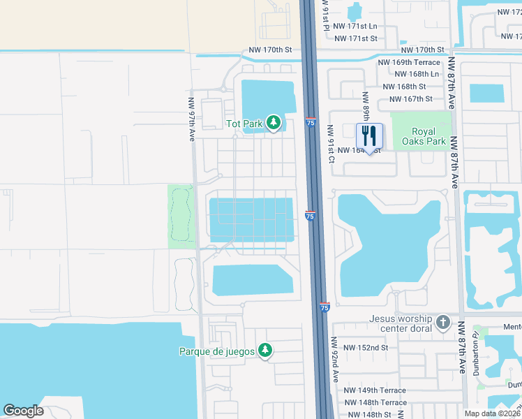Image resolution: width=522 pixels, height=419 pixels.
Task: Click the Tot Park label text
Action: (244, 124)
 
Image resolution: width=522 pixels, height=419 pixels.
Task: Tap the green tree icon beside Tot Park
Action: (274, 124)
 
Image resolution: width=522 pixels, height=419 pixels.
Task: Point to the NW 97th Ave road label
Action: (190, 119)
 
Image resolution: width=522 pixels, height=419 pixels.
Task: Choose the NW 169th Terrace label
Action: (408, 62)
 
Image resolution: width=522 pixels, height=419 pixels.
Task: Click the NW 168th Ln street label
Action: (417, 74)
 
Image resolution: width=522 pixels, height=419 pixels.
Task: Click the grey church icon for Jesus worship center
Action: (442, 322)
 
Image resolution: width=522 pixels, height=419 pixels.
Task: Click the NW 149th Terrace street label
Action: (375, 390)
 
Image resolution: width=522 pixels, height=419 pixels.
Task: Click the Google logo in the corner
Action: (23, 411)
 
